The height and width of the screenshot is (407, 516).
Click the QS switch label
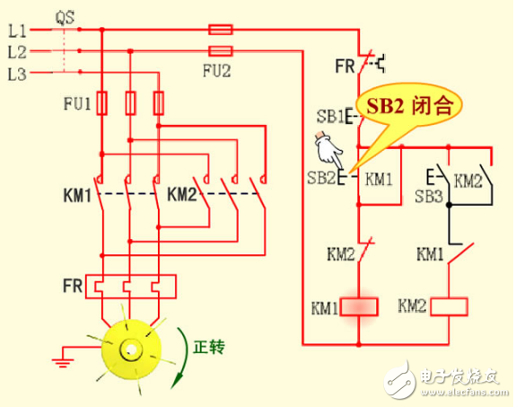(64, 15)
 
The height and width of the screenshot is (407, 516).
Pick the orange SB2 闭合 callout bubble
(414, 106)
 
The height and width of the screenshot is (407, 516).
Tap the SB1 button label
(328, 117)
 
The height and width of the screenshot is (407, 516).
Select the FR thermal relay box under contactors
(130, 286)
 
